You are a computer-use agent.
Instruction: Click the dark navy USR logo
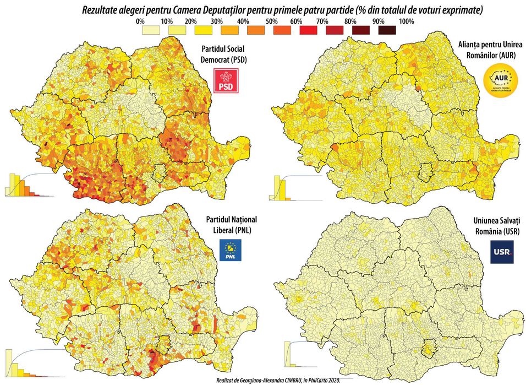502,251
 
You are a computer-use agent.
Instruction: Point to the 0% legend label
140,21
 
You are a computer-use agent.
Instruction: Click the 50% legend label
272,21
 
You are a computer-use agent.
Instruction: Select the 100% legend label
406,21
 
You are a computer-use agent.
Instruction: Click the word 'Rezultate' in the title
101,9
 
